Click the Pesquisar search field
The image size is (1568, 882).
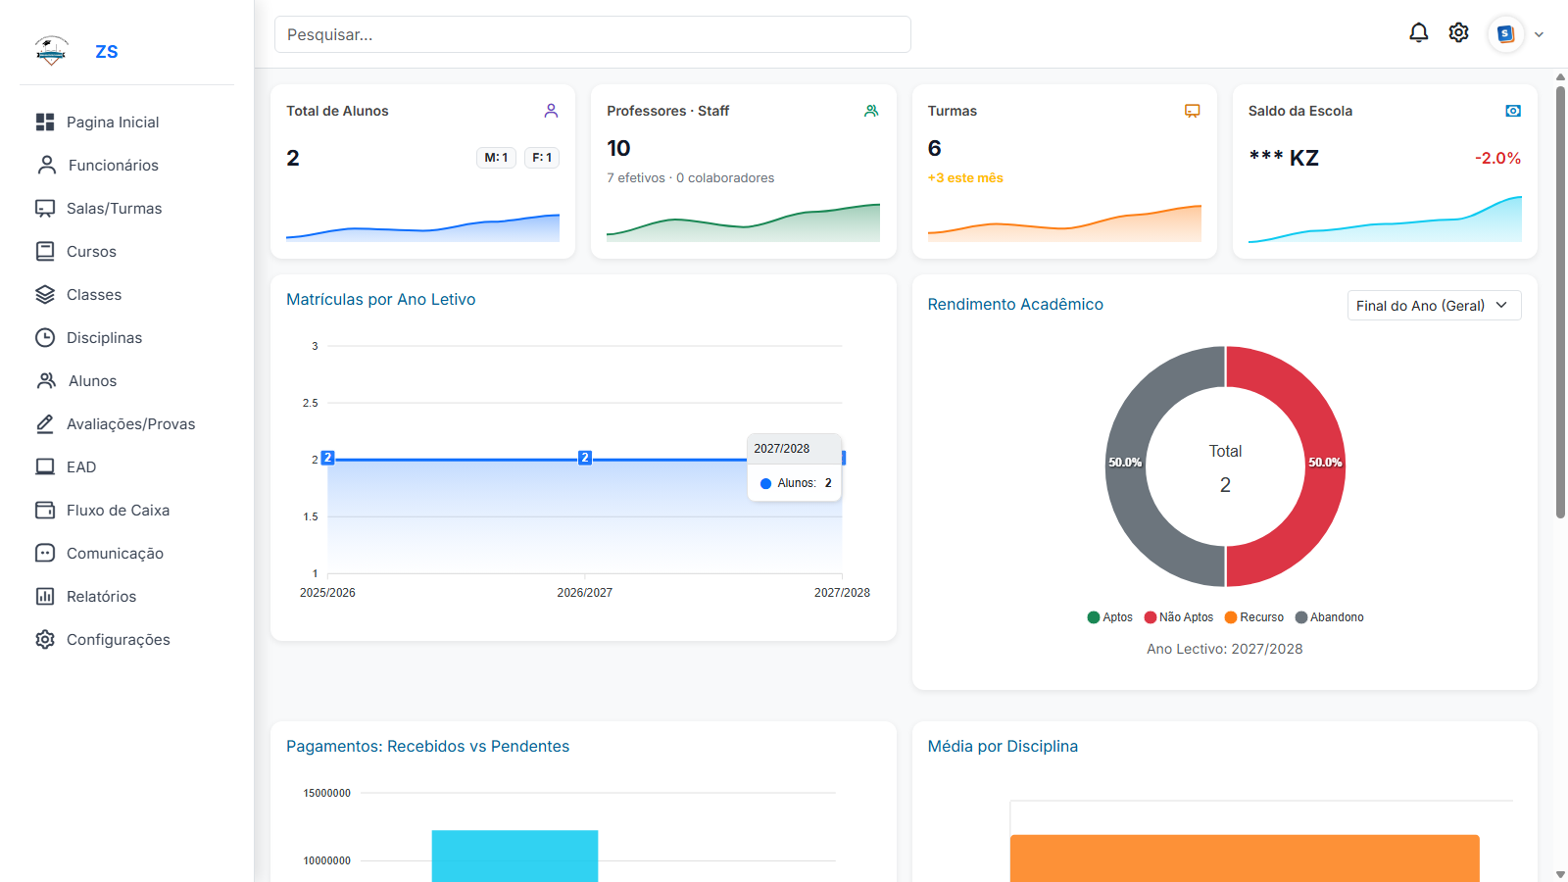(x=592, y=34)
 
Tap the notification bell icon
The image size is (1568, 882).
(x=1418, y=33)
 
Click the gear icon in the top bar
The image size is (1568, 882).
(x=1458, y=33)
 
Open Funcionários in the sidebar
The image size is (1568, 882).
(x=113, y=166)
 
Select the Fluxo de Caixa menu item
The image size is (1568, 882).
(x=118, y=511)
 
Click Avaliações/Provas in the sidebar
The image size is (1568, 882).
(x=130, y=424)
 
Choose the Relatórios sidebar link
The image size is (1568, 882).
(x=101, y=597)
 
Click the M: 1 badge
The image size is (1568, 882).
(x=496, y=158)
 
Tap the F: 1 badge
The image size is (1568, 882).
(x=542, y=158)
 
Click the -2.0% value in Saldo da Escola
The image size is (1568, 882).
(x=1497, y=159)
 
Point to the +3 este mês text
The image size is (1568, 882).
(x=965, y=178)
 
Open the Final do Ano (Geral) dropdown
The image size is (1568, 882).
(x=1433, y=306)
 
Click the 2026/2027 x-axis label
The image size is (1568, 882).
(x=584, y=593)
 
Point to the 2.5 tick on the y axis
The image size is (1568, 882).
(x=310, y=403)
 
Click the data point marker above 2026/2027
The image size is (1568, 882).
(x=585, y=458)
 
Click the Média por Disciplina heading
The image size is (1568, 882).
(x=1002, y=747)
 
